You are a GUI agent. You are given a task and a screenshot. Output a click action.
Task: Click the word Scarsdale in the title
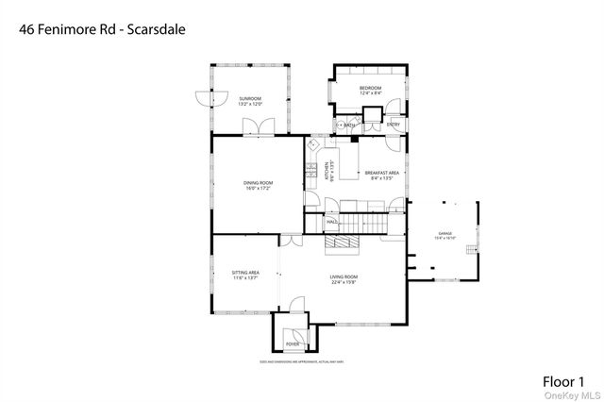click(155, 29)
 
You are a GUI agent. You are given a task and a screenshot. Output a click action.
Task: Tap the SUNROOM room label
click(250, 98)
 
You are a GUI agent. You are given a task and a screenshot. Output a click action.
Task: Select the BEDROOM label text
click(370, 88)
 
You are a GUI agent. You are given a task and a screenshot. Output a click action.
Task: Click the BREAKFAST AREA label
click(381, 173)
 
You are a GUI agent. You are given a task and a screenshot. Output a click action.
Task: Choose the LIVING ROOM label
click(344, 276)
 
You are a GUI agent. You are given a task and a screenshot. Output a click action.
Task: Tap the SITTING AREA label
click(245, 272)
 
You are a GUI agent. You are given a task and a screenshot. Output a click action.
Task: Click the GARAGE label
click(445, 233)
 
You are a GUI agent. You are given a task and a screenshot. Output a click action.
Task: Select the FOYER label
click(293, 344)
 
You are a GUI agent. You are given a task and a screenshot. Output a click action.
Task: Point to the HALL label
click(332, 222)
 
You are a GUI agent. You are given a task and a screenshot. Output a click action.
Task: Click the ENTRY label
click(394, 125)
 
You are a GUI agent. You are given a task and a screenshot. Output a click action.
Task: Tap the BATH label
click(349, 125)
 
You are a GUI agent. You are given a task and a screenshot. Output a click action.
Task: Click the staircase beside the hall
click(363, 224)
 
